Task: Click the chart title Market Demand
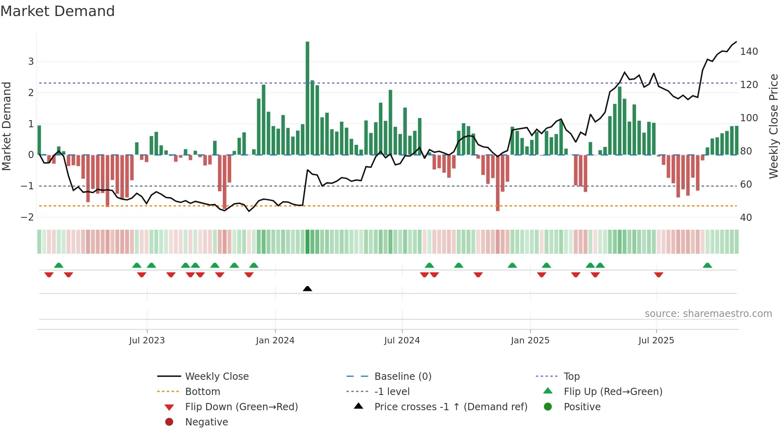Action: click(x=58, y=11)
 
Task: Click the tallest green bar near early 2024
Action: click(x=307, y=98)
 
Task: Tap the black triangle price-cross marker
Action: click(x=307, y=289)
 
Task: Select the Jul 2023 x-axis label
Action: click(x=147, y=341)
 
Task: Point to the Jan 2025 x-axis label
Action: click(x=530, y=341)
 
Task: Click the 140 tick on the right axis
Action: click(x=749, y=52)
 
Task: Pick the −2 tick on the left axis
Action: click(x=27, y=217)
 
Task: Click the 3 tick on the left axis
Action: click(x=31, y=62)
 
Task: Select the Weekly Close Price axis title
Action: click(x=774, y=126)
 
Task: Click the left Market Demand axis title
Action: click(x=7, y=126)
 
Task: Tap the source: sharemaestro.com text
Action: click(x=708, y=314)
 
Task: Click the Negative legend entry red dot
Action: click(x=169, y=422)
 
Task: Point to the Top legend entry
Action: click(x=572, y=377)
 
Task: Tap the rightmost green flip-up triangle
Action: click(x=707, y=265)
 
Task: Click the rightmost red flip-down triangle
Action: click(x=658, y=275)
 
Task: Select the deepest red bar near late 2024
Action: click(x=498, y=183)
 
